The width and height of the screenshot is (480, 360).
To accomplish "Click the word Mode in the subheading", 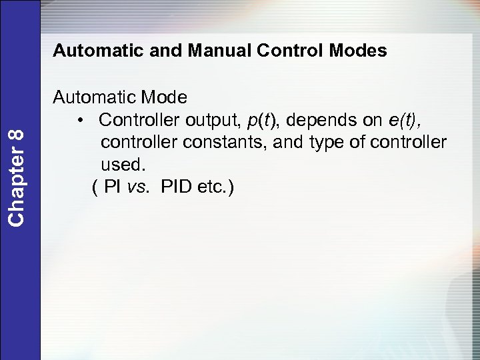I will pyautogui.click(x=164, y=97).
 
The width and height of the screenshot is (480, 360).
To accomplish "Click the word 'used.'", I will pyautogui.click(x=122, y=165).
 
